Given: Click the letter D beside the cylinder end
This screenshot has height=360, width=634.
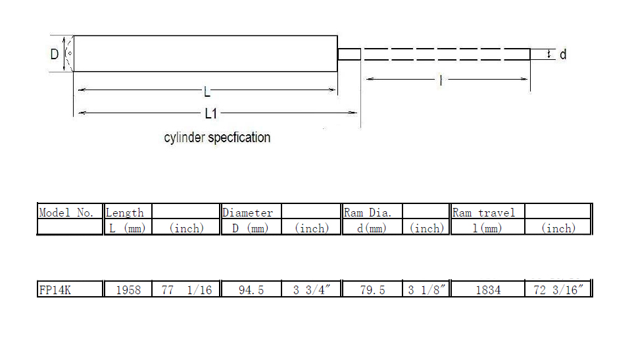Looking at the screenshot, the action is pyautogui.click(x=55, y=54).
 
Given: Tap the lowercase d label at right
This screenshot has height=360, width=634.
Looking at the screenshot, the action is pyautogui.click(x=563, y=54).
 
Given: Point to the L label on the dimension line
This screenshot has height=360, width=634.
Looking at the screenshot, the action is pyautogui.click(x=207, y=92).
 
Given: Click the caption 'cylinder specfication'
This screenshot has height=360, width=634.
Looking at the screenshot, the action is pyautogui.click(x=217, y=138).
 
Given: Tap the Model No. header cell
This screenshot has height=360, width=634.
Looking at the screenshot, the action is pyautogui.click(x=66, y=213).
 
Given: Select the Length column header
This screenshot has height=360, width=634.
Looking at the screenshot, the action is pyautogui.click(x=124, y=213).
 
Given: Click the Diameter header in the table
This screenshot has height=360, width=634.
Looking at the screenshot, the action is pyautogui.click(x=247, y=213).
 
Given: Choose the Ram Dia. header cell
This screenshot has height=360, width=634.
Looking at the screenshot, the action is pyautogui.click(x=368, y=213).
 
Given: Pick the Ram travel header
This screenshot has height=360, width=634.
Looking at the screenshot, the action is pyautogui.click(x=483, y=213).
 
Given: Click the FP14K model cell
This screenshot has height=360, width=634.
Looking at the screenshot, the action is pyautogui.click(x=55, y=290).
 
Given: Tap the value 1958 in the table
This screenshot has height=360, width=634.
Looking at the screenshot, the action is pyautogui.click(x=128, y=290).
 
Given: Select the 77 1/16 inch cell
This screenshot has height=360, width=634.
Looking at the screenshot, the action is pyautogui.click(x=187, y=290).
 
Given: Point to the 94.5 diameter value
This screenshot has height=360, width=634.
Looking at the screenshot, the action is pyautogui.click(x=251, y=290).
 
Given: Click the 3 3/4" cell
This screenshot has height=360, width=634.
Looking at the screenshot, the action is pyautogui.click(x=312, y=290).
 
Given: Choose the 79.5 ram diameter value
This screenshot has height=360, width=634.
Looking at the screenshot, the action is pyautogui.click(x=372, y=290).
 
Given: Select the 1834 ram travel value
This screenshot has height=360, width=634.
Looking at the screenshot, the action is pyautogui.click(x=488, y=290).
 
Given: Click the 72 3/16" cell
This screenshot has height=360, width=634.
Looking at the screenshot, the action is pyautogui.click(x=558, y=290).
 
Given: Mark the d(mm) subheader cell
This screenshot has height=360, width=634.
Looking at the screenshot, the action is pyautogui.click(x=372, y=228).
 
